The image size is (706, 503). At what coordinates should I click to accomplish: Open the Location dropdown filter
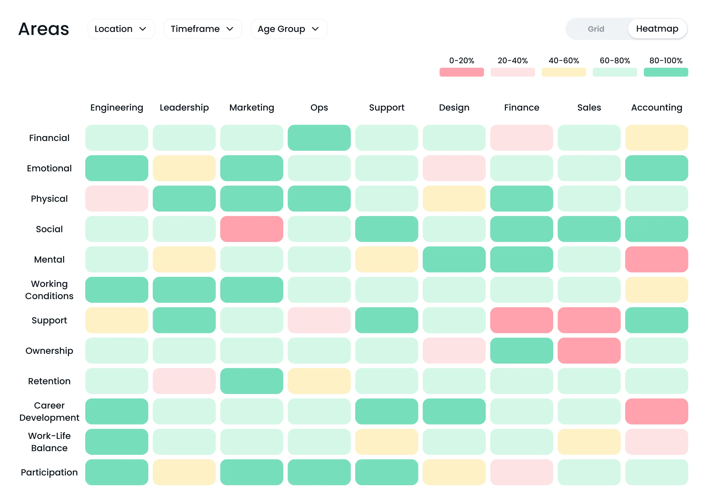point(121,29)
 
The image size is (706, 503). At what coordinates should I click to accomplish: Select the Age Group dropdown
point(289,29)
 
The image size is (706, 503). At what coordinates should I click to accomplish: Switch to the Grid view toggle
point(596,29)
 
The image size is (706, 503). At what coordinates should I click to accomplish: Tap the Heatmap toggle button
point(657,29)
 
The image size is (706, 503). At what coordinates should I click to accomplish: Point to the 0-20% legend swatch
point(461,72)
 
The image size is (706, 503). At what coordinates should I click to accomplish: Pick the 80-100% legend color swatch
point(666,72)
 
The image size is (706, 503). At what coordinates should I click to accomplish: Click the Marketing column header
point(251,108)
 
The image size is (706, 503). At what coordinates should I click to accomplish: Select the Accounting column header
point(656,108)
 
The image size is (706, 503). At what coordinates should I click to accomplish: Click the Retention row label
point(49,381)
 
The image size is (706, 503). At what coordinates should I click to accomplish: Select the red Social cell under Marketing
point(251,229)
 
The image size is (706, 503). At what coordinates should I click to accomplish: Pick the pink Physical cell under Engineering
point(116,199)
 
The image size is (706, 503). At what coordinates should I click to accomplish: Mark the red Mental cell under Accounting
point(656,259)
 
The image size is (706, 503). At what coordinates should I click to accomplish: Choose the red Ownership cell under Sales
point(589,351)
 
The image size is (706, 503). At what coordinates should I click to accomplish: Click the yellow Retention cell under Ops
point(319,381)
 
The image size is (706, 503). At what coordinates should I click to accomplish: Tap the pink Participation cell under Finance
point(521,472)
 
